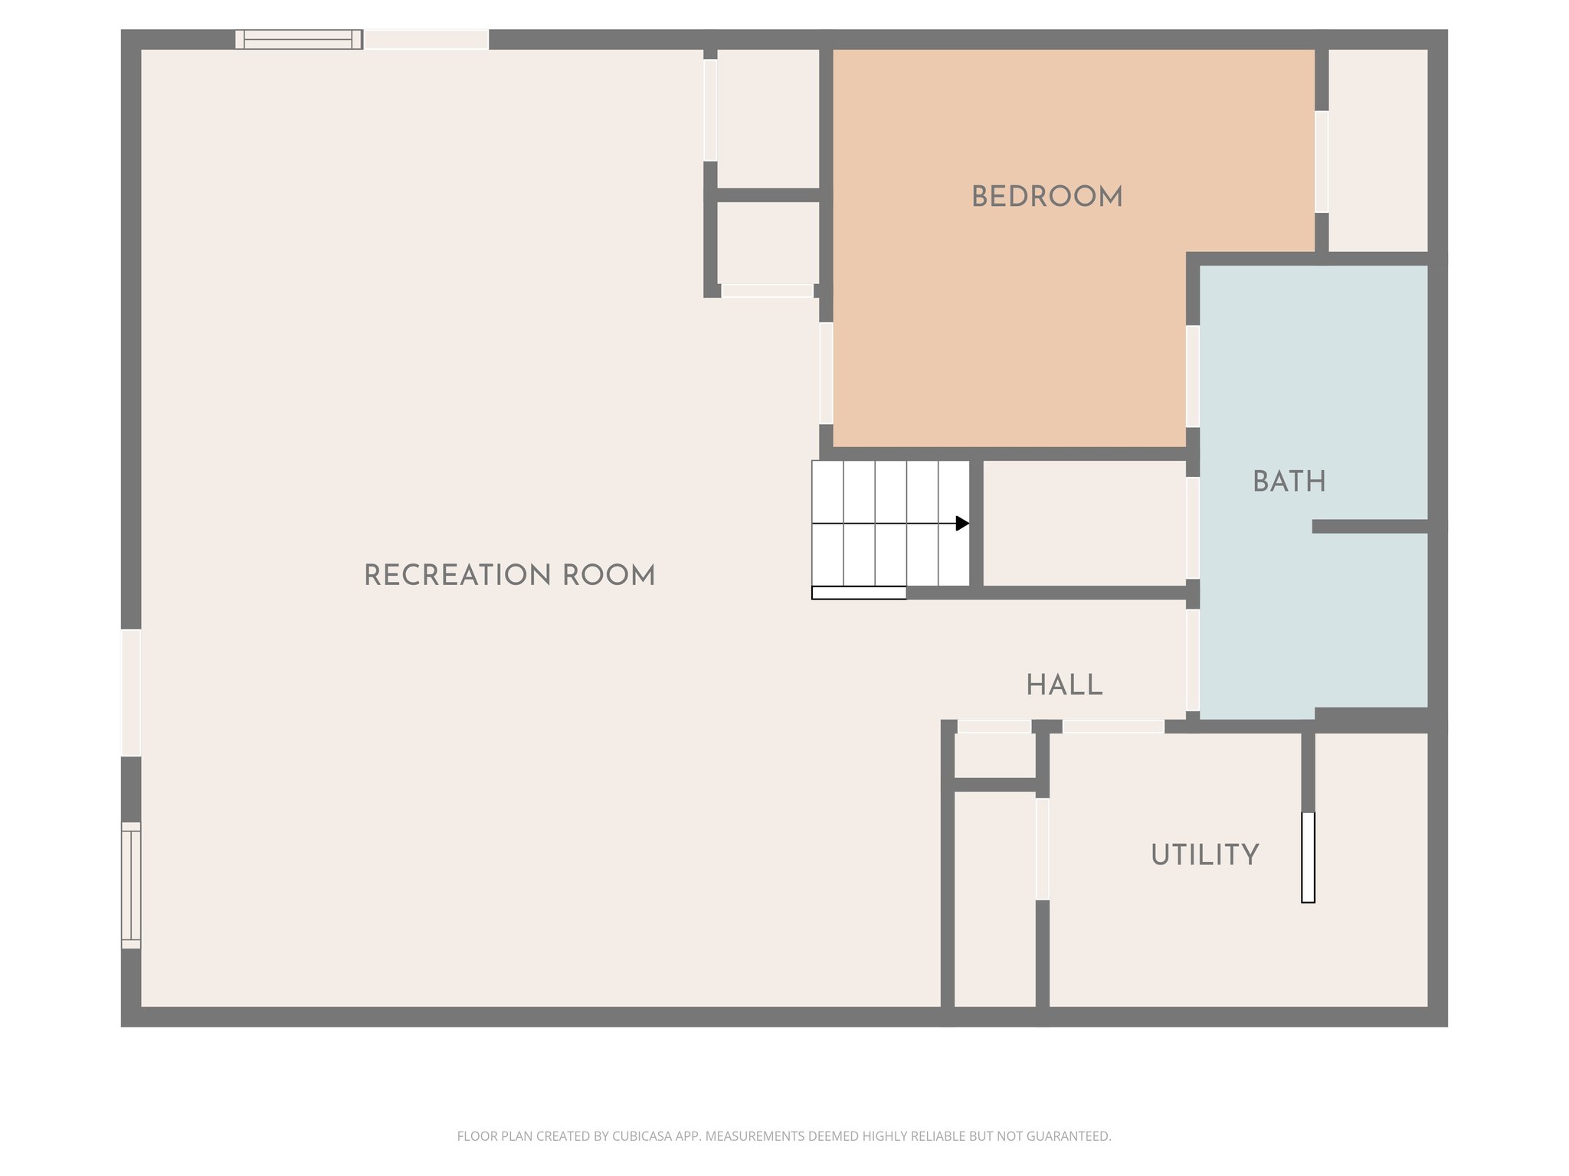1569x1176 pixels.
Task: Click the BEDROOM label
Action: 1047,197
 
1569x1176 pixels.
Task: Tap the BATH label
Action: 1289,482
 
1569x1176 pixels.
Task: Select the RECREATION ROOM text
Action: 509,576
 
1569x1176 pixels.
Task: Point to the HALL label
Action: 1064,685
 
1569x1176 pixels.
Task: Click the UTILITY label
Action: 1204,854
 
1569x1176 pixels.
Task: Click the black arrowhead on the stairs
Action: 962,524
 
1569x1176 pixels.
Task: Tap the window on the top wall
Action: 299,39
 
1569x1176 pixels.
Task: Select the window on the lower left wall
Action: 131,885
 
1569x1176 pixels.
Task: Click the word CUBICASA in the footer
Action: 642,1136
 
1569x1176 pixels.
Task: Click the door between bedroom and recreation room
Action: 826,373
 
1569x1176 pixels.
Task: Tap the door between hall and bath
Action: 1193,660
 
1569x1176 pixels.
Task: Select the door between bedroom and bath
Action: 1193,376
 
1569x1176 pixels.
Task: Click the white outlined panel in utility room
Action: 1308,857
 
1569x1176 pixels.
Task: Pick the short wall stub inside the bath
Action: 1369,526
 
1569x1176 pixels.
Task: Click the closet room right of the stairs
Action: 1083,524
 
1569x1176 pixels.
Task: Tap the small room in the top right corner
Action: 1377,150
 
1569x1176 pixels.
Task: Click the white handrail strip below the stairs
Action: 859,593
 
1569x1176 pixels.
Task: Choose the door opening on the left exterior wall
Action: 131,692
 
